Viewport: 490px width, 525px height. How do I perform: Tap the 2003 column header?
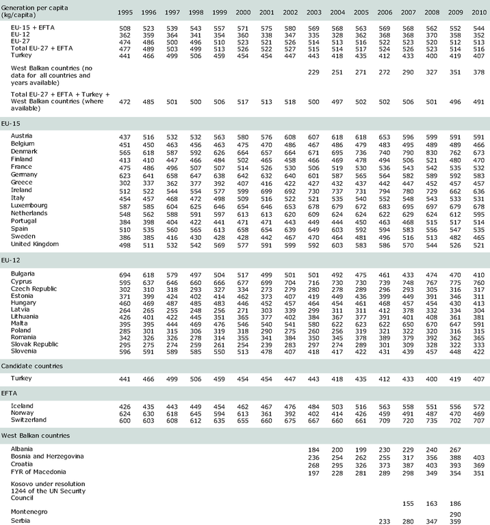[315, 13]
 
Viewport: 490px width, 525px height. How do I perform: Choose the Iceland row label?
[22, 405]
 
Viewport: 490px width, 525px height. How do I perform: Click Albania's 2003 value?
[315, 448]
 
